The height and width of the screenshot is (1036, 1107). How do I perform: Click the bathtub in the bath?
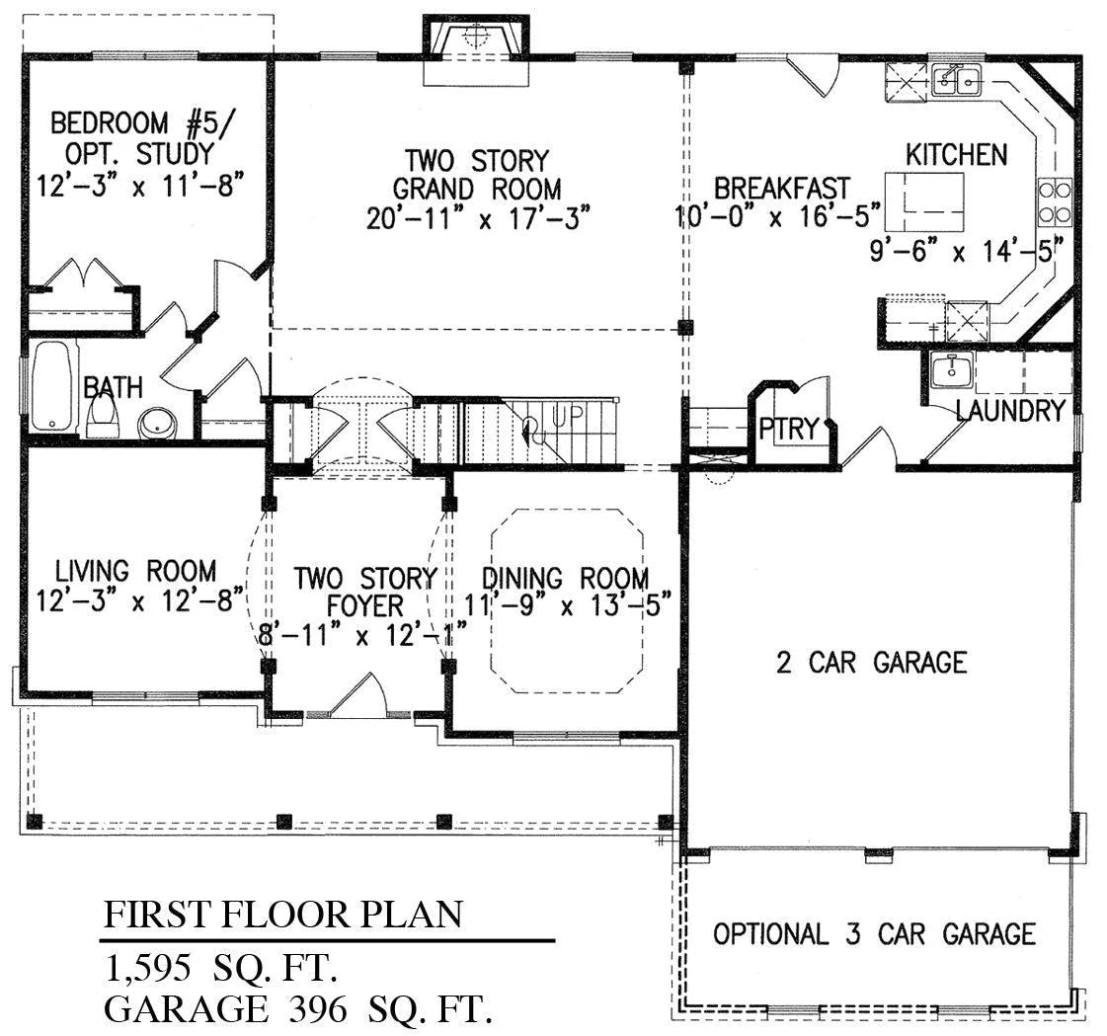point(51,387)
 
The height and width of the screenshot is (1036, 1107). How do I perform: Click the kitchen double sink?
point(955,80)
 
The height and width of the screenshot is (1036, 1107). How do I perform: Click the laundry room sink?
point(952,370)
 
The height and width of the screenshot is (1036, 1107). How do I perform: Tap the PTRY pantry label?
point(789,429)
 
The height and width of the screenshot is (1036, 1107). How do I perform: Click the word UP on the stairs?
point(567,415)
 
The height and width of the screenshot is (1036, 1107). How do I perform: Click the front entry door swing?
point(358,695)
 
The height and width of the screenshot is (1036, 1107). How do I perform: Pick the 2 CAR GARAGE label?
point(871,663)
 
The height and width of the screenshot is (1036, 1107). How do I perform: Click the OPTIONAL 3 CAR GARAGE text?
point(874,933)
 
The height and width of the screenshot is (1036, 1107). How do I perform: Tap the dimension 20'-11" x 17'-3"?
point(478,218)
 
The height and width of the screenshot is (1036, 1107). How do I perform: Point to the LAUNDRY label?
point(1010,410)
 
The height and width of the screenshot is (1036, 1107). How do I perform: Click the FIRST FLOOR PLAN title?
point(283,914)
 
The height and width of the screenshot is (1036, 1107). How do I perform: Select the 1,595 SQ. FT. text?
point(221,968)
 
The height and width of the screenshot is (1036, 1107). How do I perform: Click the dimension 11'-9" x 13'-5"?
point(567,605)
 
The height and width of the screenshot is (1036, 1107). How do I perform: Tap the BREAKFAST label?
point(781,188)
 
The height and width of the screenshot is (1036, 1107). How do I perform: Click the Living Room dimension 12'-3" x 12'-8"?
point(140,601)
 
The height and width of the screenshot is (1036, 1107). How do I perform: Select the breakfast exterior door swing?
point(814,74)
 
